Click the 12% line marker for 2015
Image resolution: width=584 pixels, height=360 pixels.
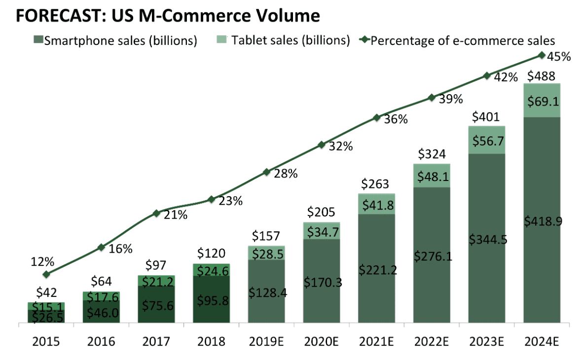pos(46,274)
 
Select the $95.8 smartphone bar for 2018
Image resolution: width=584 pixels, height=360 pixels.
pos(211,300)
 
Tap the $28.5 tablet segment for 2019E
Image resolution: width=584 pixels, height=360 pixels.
pos(266,253)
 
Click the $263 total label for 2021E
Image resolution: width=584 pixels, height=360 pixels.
pos(376,184)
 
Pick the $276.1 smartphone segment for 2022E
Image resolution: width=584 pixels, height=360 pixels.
pos(432,256)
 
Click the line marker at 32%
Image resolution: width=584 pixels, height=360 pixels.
pos(322,145)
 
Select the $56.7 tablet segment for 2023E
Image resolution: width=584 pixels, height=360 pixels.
pos(487,141)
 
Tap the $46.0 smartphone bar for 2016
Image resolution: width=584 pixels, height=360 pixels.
pos(101,312)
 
